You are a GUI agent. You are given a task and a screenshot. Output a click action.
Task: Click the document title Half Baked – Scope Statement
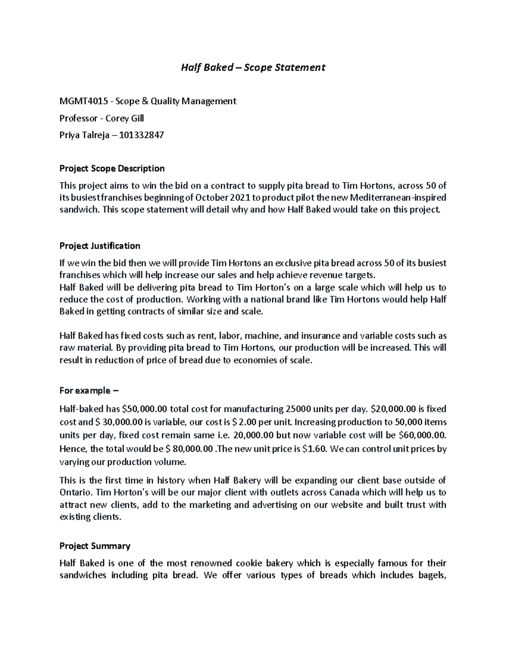pyautogui.click(x=253, y=67)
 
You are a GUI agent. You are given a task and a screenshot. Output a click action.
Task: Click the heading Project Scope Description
pyautogui.click(x=112, y=169)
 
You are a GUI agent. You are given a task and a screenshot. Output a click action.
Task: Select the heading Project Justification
pyautogui.click(x=100, y=246)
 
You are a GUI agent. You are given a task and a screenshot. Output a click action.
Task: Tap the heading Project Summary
pyautogui.click(x=95, y=546)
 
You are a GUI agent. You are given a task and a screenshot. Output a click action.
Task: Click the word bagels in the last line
pyautogui.click(x=431, y=575)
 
